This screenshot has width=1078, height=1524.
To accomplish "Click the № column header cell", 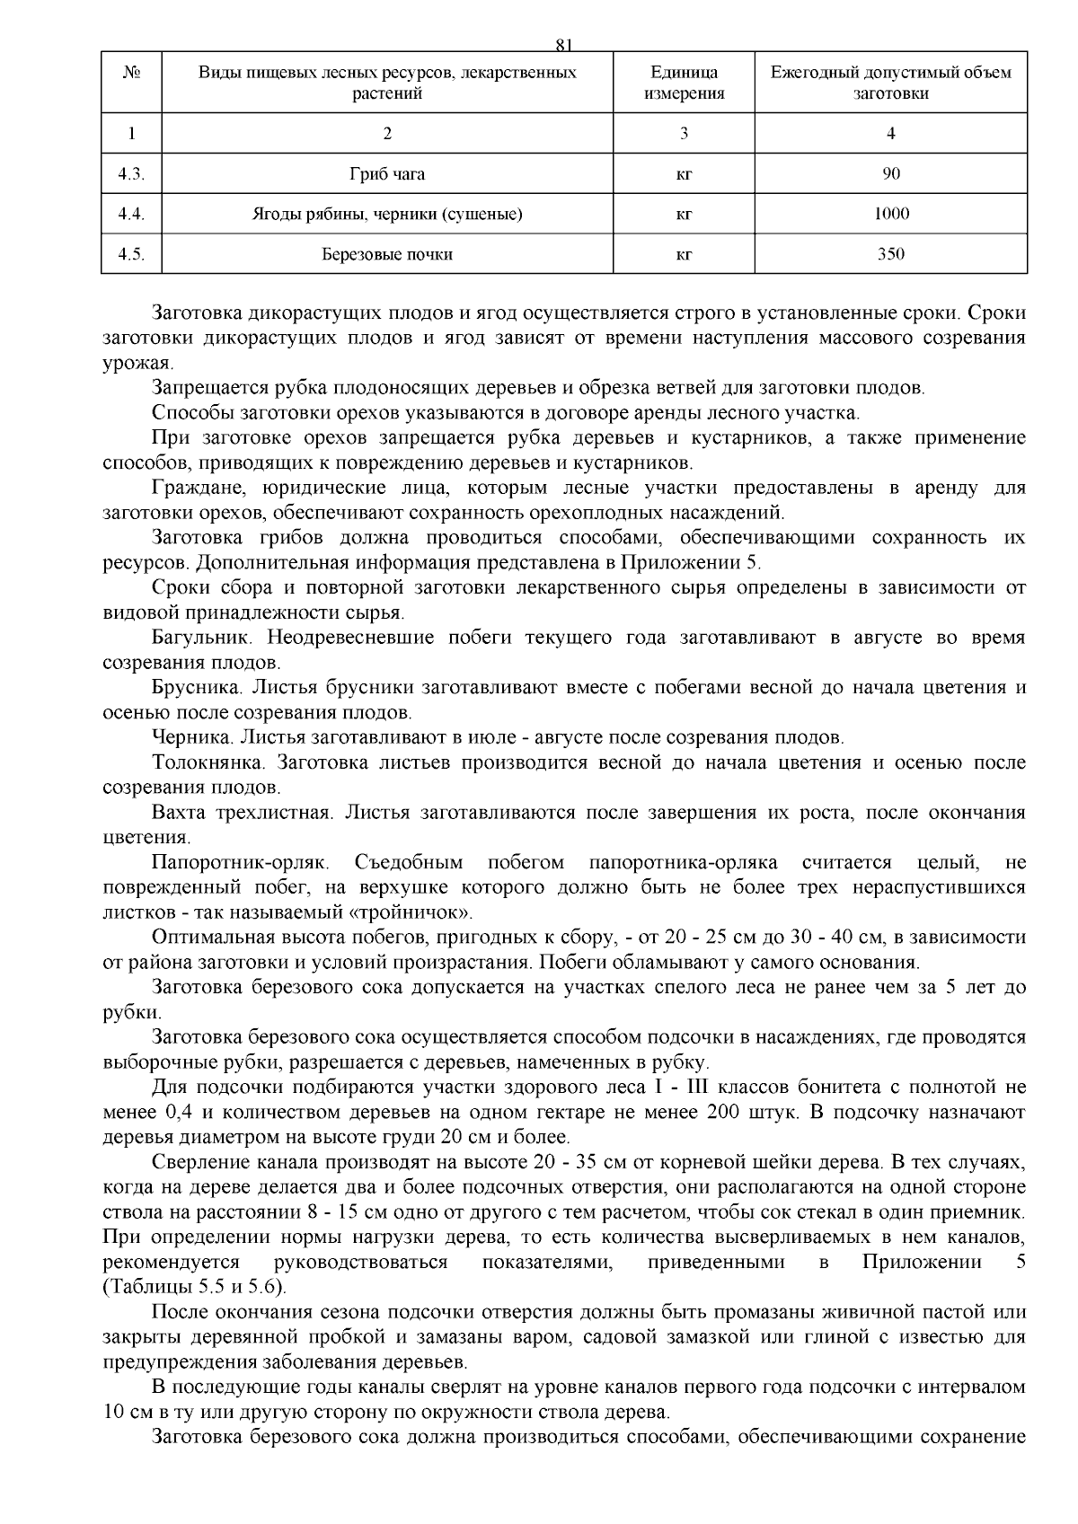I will coord(131,73).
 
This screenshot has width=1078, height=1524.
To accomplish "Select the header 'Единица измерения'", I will coord(684,83).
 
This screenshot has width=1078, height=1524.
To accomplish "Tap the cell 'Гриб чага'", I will coord(387,174).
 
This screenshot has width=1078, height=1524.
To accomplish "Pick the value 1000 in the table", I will coord(890,214).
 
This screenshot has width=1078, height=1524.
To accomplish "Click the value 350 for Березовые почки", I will coord(890,254).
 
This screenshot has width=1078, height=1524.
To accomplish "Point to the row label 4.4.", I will coord(131,214).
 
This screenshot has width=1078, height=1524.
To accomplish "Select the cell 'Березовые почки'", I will coord(387,254).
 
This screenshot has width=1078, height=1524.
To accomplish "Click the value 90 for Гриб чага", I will coord(890,174).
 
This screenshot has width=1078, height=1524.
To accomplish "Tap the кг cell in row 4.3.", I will coord(684,174).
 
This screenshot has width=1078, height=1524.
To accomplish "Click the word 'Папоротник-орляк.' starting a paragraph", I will coord(242,863).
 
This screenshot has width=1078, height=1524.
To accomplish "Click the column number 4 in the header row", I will coord(890,133).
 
